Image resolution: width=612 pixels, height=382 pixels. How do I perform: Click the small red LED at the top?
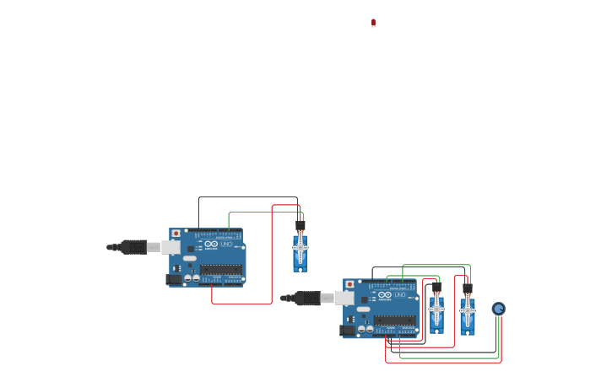coord(373,23)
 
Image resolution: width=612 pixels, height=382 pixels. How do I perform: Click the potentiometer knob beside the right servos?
coord(498,309)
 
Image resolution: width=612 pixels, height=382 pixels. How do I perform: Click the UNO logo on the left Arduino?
coord(225,244)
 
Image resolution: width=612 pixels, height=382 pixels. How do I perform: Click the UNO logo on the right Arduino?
coord(398,294)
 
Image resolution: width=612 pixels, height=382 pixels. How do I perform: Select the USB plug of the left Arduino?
coord(134,247)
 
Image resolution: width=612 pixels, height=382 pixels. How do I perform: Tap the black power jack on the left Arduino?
coord(173,278)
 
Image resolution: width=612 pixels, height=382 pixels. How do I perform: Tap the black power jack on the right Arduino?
coord(347,329)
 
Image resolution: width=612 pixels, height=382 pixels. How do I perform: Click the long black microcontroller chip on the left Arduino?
coord(221,269)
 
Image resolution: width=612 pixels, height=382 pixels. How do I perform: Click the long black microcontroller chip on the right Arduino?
coord(395,320)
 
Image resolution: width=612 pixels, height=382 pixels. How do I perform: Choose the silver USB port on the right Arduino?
coord(344,298)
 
